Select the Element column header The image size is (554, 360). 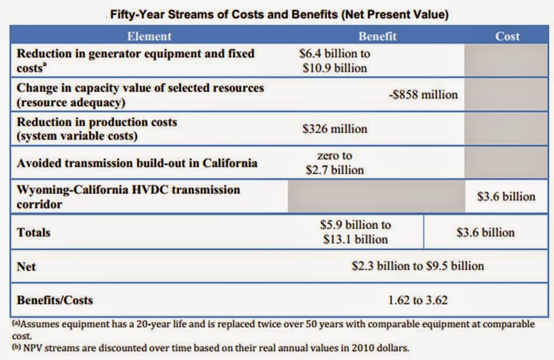point(149,36)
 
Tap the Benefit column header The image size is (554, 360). point(377,36)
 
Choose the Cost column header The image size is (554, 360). point(507,36)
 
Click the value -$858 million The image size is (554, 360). point(423,95)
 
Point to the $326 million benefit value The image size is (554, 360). point(335,129)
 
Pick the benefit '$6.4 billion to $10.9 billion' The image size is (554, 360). point(335,61)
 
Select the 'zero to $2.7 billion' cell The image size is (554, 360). point(335,163)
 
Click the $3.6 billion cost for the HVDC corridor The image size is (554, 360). point(506,196)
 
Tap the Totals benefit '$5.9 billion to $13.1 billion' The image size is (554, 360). point(355,231)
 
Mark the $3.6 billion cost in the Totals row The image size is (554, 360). point(485,232)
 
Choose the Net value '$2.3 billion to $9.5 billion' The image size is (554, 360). point(418,266)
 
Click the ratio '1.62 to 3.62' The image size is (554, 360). point(418,300)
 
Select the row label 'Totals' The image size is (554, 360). point(33,232)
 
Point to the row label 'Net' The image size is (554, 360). point(27,267)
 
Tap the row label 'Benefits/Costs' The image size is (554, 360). point(55,300)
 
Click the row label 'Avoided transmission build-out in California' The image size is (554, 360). point(137,163)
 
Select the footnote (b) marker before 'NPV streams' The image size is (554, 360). point(18,347)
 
